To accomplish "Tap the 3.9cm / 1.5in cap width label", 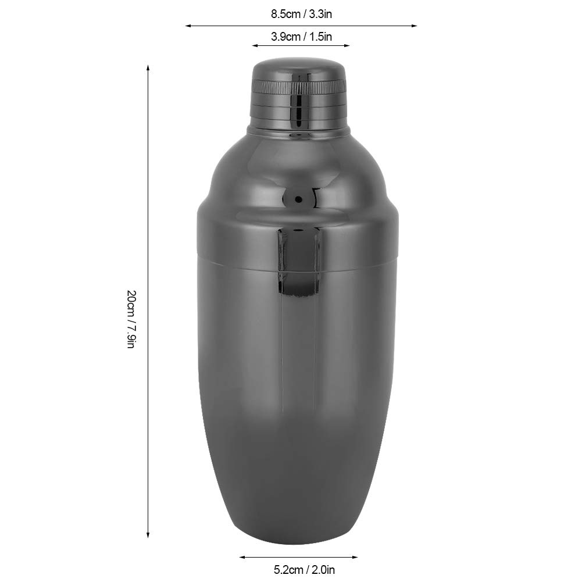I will coord(301,37).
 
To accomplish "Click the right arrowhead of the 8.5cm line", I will coord(415,26).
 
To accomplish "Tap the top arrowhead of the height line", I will coord(148,67).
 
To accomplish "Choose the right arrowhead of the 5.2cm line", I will coord(355,557).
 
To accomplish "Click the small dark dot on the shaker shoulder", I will coord(299,199).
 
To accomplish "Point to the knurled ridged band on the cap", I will coord(299,88).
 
